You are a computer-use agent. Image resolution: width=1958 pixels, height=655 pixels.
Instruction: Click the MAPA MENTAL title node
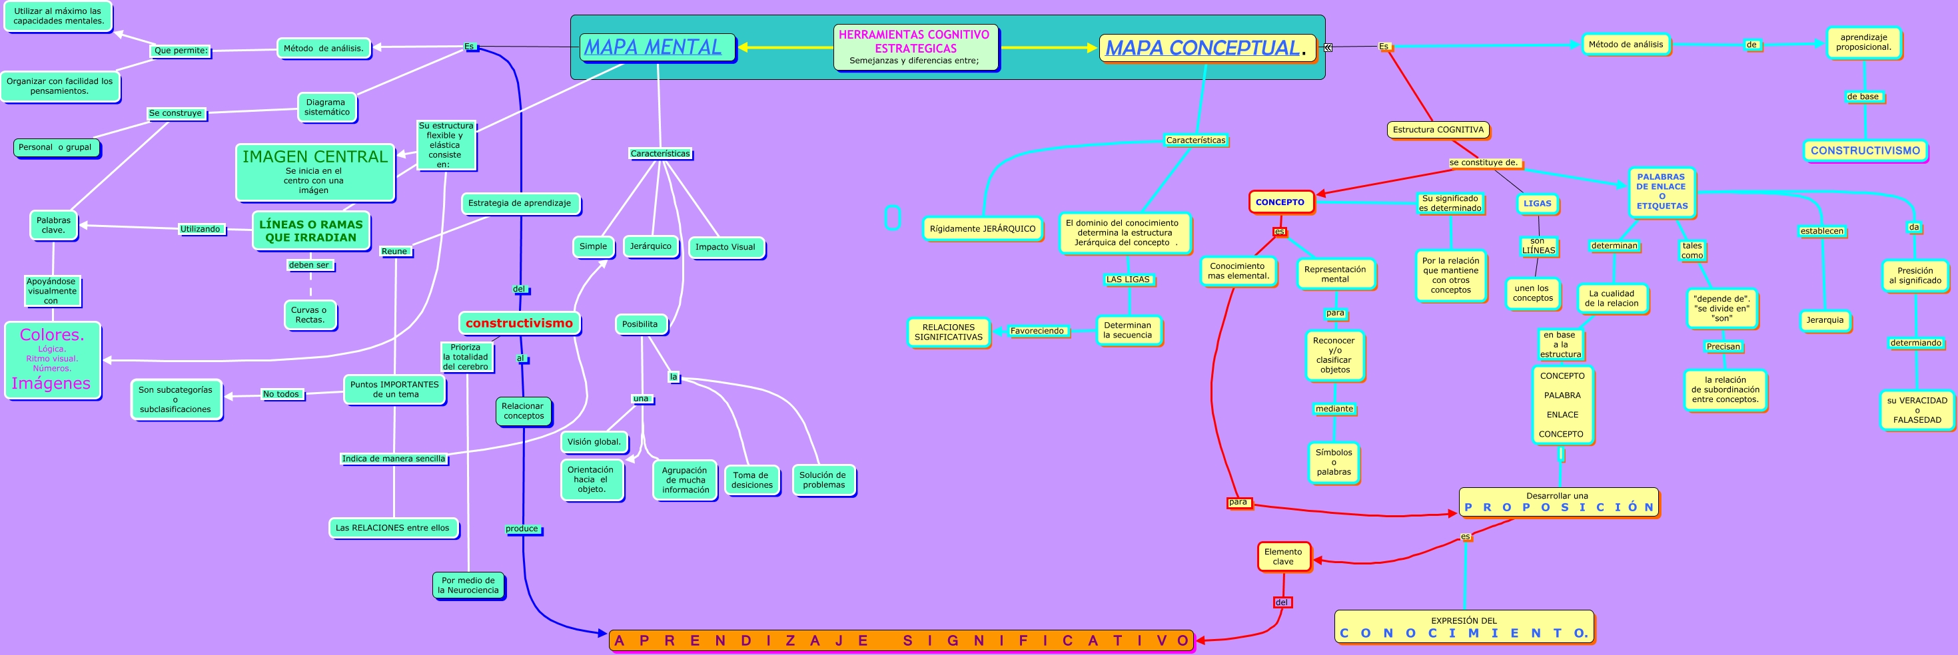point(658,47)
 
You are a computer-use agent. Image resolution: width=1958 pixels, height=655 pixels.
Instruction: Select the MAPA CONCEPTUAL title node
point(1207,48)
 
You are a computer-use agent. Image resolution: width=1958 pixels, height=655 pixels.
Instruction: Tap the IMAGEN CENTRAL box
point(314,172)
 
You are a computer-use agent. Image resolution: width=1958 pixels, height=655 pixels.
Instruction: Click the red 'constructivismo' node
point(519,323)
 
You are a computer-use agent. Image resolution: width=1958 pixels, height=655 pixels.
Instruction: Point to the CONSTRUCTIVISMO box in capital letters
point(1865,150)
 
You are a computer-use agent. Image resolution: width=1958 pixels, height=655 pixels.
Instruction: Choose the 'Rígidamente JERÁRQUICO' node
point(982,229)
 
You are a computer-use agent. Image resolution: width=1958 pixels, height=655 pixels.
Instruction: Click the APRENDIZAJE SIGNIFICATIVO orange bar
point(901,640)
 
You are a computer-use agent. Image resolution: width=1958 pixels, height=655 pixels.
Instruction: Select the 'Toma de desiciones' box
point(751,480)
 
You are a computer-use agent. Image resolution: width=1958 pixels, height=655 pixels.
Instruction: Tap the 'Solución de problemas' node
point(823,480)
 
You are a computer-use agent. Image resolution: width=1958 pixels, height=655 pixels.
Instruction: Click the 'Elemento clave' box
point(1284,557)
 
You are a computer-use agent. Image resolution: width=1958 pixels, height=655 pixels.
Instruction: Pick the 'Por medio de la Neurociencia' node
point(468,585)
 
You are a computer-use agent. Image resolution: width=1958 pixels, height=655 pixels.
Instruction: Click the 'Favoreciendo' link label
point(1037,331)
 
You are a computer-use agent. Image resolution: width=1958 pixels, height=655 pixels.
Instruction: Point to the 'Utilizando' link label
point(201,229)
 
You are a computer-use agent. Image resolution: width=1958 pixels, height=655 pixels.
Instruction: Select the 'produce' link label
point(522,529)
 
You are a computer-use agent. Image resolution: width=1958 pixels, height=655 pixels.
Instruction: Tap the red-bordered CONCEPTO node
point(1280,202)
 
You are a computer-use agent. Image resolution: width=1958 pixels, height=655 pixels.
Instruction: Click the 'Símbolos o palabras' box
point(1334,462)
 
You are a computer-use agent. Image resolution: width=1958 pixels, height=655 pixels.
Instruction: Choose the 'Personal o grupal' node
point(55,147)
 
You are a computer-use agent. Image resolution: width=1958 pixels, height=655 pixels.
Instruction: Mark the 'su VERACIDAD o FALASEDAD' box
point(1916,410)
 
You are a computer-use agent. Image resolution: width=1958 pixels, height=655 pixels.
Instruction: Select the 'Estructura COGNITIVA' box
point(1438,130)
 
